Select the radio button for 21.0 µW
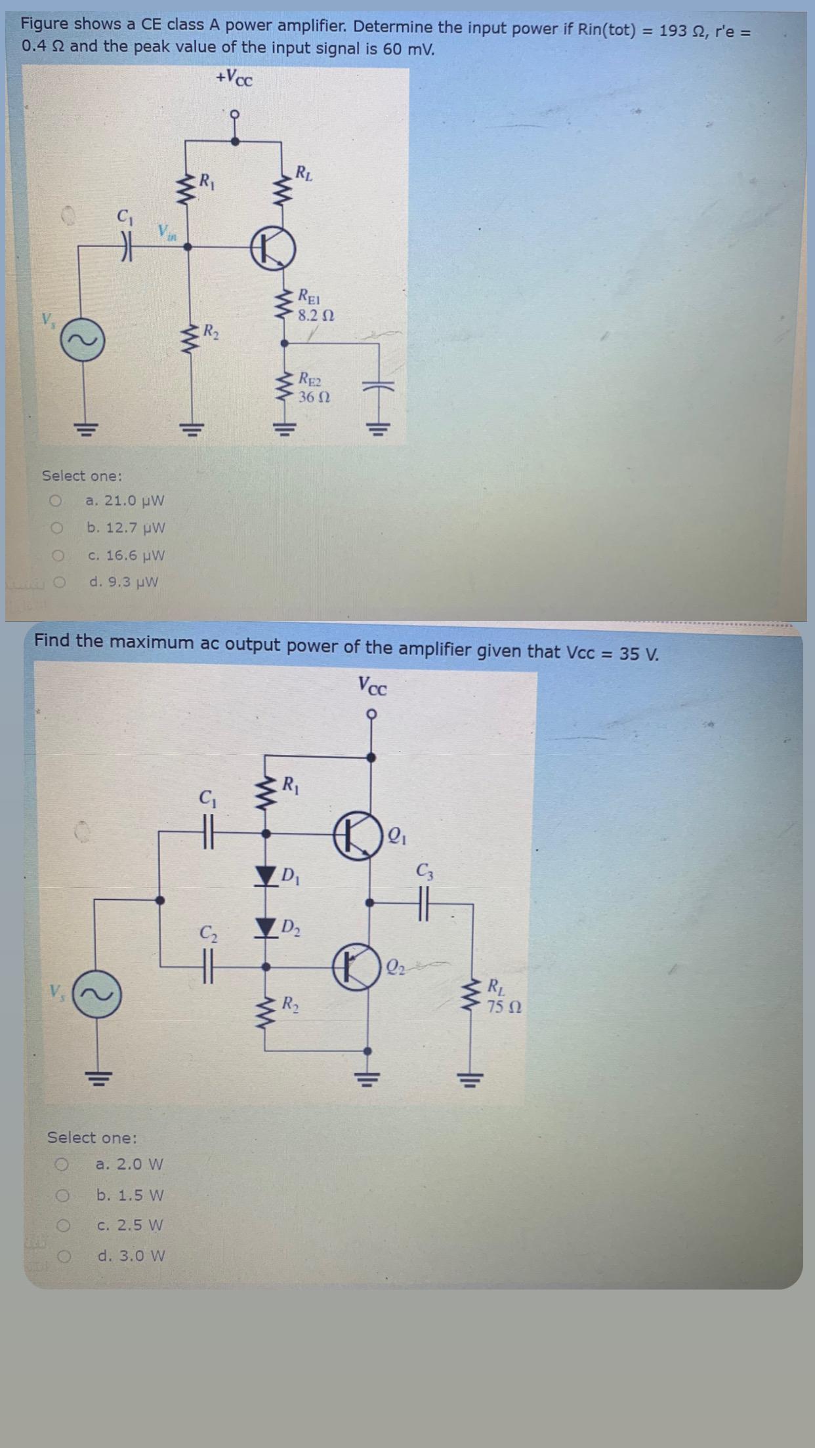point(56,501)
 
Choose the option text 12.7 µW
point(126,528)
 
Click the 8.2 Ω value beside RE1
point(316,315)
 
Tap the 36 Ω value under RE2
point(314,397)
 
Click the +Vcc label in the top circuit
point(234,79)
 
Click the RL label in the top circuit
point(304,174)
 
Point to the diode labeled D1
point(266,874)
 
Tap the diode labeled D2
point(266,927)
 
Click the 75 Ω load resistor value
point(505,1007)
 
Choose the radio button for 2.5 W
point(63,1225)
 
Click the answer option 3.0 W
point(131,1256)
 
